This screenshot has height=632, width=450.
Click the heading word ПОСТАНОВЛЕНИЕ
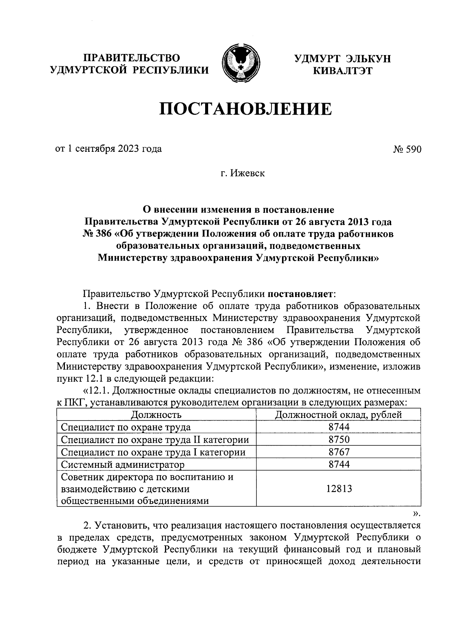tap(246, 109)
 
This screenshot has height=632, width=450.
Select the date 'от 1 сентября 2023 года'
tap(109, 149)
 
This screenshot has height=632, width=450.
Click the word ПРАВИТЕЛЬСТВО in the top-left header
tap(132, 58)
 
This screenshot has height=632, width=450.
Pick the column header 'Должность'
tap(156, 415)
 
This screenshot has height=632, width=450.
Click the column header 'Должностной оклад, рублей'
tap(338, 415)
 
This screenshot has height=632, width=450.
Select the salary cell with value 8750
tap(339, 440)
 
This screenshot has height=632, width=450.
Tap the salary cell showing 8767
tap(339, 452)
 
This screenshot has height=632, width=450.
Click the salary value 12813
tap(339, 488)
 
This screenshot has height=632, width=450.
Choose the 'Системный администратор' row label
tap(123, 465)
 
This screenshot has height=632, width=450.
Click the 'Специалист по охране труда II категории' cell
tap(154, 440)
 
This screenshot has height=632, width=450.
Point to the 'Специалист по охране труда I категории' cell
tap(153, 452)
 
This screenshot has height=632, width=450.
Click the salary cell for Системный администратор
tap(339, 464)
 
